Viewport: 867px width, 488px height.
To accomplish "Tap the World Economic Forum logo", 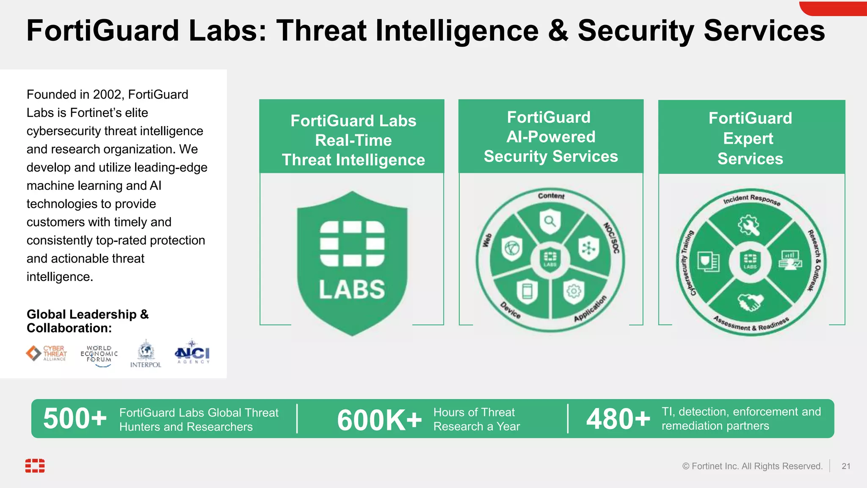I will (99, 355).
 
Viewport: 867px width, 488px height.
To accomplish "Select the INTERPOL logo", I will (146, 354).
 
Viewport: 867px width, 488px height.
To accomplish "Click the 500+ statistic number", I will (75, 419).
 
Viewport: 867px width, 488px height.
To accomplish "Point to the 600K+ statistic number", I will (379, 420).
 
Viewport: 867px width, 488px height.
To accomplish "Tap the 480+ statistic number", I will (618, 419).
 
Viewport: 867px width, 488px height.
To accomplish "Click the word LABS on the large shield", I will (352, 290).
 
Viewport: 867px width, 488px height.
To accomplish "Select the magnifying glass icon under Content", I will (550, 221).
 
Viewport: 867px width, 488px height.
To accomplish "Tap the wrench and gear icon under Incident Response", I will (749, 225).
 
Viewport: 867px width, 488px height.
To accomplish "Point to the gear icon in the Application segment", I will (574, 291).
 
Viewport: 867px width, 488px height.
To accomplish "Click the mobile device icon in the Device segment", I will (527, 291).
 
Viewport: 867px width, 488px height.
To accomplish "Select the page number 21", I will (846, 466).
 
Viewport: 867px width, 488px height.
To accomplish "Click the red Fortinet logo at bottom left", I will (35, 466).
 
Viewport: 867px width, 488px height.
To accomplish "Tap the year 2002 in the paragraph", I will (108, 94).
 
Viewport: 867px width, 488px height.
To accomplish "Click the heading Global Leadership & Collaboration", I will (87, 321).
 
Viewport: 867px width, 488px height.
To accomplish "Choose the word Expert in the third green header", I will (748, 139).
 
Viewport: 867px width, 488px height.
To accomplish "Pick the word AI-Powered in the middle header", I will (551, 137).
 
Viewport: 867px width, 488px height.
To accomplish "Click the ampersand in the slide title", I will (558, 31).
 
